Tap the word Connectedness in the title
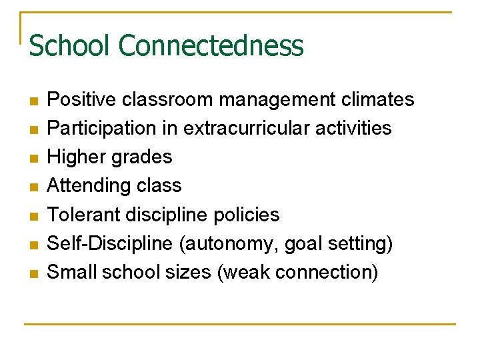click(211, 46)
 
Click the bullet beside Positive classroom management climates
click(33, 101)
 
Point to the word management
click(279, 100)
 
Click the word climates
click(378, 100)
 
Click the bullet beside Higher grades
click(33, 158)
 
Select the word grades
click(143, 158)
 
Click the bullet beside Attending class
click(33, 187)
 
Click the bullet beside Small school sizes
click(33, 273)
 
